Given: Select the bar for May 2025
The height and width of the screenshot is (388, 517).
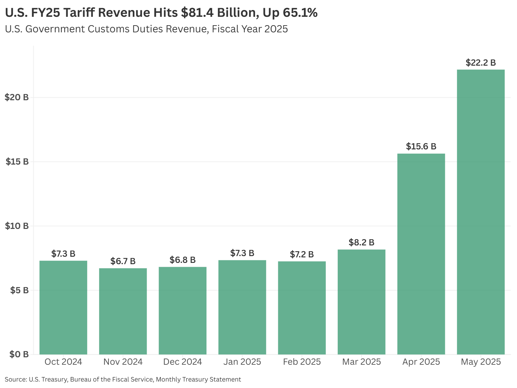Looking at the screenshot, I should click(480, 212).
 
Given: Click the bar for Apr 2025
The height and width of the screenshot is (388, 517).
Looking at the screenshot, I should click(421, 254).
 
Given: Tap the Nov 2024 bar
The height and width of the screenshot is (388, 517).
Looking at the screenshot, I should click(123, 311).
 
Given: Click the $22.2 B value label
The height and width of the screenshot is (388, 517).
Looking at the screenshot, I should click(480, 62).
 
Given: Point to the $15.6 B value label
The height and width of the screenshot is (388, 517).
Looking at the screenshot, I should click(421, 146).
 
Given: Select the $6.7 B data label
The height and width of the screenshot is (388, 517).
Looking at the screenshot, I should click(123, 261).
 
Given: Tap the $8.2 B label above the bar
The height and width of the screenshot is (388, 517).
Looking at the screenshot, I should click(361, 242).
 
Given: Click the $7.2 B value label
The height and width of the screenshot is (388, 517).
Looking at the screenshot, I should click(302, 254).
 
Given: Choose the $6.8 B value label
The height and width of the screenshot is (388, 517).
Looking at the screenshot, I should click(183, 260).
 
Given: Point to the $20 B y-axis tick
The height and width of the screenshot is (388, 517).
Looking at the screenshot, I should click(16, 97).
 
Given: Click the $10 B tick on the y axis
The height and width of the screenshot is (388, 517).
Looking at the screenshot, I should click(16, 226).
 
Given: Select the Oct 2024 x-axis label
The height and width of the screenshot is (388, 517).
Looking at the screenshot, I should click(63, 361).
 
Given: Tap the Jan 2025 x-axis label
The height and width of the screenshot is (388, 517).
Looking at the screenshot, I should click(242, 361).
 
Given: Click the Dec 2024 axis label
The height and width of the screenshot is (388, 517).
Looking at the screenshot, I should click(183, 361).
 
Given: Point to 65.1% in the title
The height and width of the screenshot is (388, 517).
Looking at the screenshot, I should click(300, 13).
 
